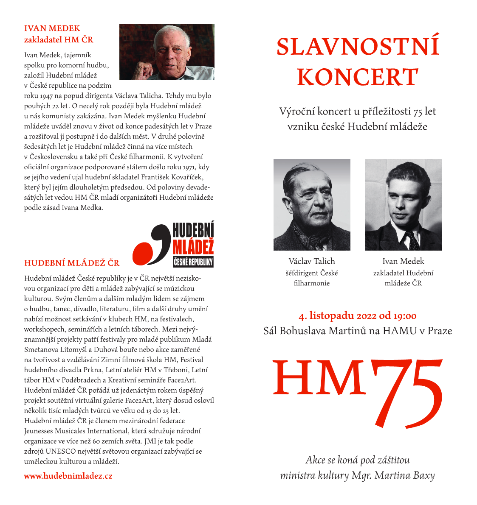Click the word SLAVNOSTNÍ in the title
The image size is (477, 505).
[x=358, y=47]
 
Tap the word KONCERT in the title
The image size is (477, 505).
[x=358, y=77]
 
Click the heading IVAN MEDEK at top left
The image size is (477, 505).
[x=52, y=28]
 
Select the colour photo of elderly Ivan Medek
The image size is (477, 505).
[x=167, y=52]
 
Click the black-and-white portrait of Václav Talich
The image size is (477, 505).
[x=312, y=204]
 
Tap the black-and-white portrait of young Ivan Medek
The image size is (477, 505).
[x=403, y=204]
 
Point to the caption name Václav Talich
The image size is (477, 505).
[x=312, y=261]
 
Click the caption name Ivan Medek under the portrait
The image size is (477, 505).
[x=403, y=261]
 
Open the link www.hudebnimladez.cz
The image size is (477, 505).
[x=68, y=476]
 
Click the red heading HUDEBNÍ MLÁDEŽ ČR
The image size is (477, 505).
[x=72, y=263]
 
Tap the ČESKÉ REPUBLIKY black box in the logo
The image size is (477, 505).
[x=193, y=262]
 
